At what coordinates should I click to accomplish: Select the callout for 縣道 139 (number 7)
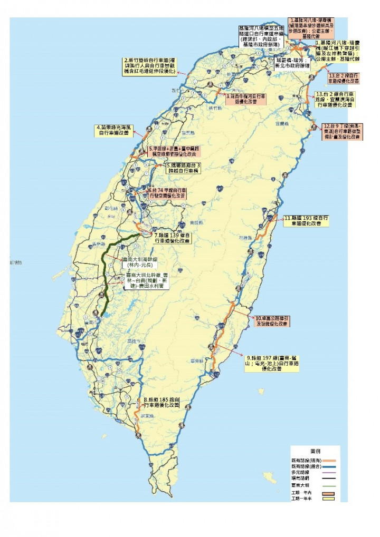(x=172, y=238)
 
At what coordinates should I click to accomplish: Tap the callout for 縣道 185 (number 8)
(x=162, y=403)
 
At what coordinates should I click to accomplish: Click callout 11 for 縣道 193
(x=307, y=220)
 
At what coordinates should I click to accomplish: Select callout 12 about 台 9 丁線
(x=343, y=131)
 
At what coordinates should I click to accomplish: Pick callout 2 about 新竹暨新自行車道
(x=152, y=67)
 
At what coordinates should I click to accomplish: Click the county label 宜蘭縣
(x=280, y=124)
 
